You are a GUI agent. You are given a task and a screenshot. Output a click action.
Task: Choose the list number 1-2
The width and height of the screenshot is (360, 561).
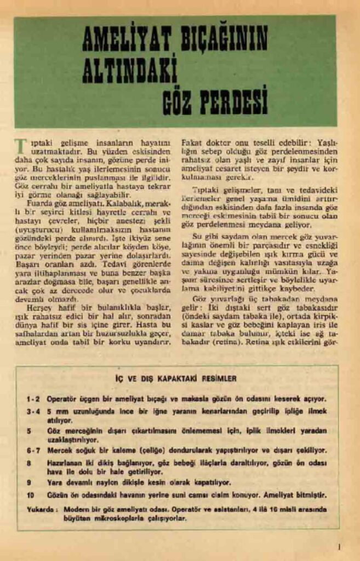coord(33,398)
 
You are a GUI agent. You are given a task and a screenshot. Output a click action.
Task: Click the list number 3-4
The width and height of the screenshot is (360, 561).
coord(33,410)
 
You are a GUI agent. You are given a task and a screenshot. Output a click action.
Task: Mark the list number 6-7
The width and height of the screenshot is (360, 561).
coord(33,450)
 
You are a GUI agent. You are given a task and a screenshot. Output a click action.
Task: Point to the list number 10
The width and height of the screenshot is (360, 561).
coord(30,495)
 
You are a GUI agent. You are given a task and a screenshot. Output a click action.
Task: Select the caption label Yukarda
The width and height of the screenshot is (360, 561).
coord(41,509)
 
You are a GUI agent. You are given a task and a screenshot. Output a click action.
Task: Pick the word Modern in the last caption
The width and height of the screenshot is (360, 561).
coord(76,509)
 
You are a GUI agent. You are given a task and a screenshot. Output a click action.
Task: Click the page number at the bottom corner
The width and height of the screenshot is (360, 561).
coord(340,546)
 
